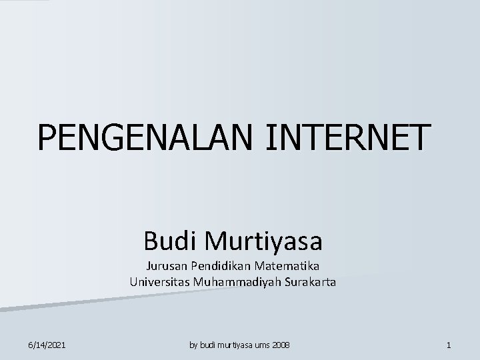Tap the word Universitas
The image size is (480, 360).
tap(160, 282)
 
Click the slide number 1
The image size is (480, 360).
tap(449, 345)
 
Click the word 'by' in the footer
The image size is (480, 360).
tap(194, 345)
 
